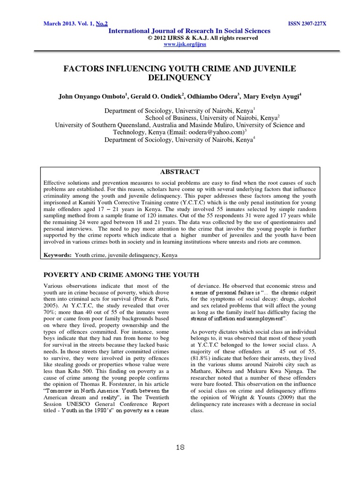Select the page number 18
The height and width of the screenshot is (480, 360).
(x=180, y=448)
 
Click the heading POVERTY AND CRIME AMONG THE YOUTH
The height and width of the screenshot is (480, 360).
(x=121, y=274)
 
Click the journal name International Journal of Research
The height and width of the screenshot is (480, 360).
(x=189, y=31)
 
